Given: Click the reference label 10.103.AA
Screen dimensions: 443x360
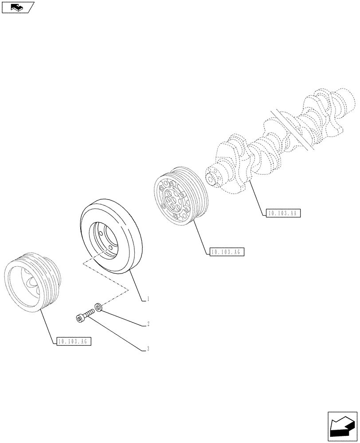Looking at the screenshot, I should click(284, 214).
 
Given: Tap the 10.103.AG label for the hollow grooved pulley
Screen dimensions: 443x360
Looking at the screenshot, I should click(74, 341).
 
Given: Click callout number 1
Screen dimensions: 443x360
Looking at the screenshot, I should click(148, 299).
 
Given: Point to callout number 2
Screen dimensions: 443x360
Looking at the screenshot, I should click(148, 324).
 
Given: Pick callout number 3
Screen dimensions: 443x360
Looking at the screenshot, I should click(148, 349).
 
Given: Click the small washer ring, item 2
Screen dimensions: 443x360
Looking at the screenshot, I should click(98, 307).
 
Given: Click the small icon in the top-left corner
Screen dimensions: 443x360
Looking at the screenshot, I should click(18, 7).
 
